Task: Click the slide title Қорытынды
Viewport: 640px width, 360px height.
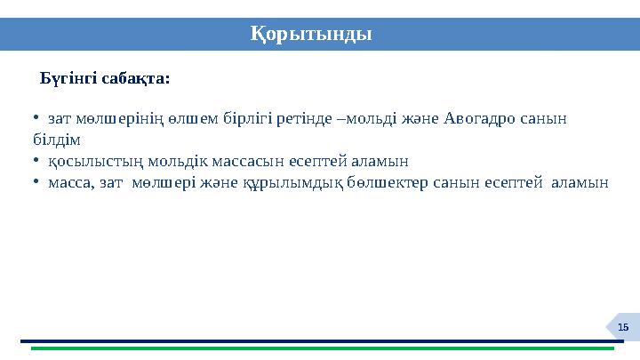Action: click(310, 35)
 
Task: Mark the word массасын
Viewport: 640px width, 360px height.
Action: click(232, 162)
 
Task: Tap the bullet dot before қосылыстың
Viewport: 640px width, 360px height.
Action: click(33, 162)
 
